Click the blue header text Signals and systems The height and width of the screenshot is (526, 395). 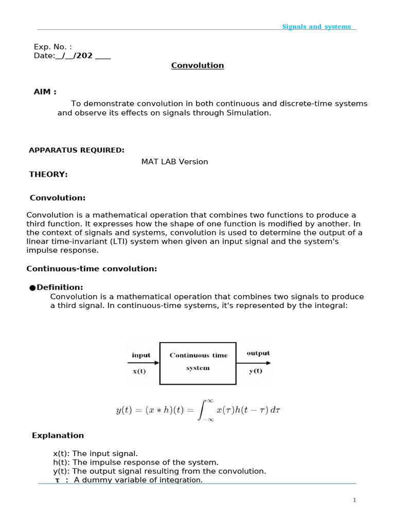[316, 27]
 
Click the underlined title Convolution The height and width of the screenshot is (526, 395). [197, 65]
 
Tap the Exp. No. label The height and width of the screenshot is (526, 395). [53, 47]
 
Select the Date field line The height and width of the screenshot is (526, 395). [72, 55]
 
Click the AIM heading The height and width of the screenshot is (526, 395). [45, 91]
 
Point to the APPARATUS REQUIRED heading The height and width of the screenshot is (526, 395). [77, 150]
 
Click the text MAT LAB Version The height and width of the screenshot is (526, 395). [175, 161]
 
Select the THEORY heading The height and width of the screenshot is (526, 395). [48, 174]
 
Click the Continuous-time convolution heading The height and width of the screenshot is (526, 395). [92, 269]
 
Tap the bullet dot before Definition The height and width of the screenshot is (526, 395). [32, 288]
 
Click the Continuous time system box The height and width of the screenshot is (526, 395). [198, 363]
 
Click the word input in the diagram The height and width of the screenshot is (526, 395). [141, 355]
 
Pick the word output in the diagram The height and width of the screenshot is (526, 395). [258, 353]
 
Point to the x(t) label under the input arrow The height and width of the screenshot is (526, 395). [139, 371]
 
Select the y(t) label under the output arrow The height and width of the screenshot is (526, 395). [256, 371]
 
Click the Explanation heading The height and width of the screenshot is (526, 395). [58, 435]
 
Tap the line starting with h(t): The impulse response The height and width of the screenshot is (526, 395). [136, 462]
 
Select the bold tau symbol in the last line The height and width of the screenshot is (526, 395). [58, 480]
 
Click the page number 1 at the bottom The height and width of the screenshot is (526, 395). [354, 500]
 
